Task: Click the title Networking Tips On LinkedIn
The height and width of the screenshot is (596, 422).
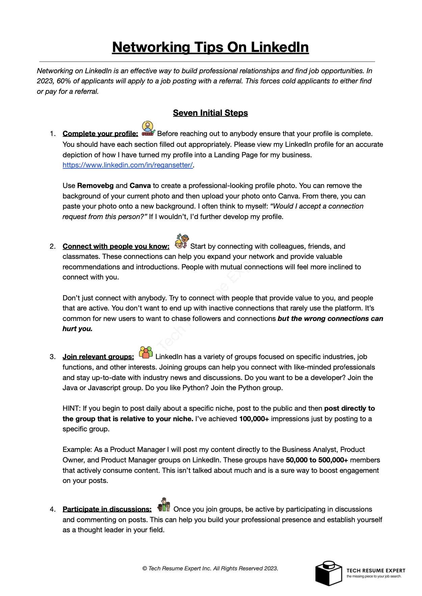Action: tap(210, 47)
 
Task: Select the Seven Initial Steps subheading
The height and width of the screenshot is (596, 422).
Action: tap(210, 113)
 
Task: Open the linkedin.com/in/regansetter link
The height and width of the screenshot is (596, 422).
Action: tap(128, 165)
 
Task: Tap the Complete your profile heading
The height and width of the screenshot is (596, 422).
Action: tap(100, 134)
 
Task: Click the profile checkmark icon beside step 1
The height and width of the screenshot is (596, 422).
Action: tap(148, 129)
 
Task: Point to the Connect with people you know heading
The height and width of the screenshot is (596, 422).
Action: tap(116, 246)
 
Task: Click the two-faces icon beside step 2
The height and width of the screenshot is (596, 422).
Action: tap(182, 241)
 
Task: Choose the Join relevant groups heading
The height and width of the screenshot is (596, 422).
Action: tap(98, 357)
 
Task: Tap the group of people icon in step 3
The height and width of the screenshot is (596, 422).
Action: tap(146, 352)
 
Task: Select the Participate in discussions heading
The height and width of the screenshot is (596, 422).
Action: tap(107, 509)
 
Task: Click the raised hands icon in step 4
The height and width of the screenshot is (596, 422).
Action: tap(164, 505)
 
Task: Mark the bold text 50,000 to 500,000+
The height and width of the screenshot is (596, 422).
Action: tap(317, 460)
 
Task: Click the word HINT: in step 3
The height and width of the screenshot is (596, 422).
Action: tap(72, 408)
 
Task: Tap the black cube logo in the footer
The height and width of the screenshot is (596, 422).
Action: tap(328, 573)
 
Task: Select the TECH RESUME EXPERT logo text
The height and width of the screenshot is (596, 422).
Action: tap(375, 570)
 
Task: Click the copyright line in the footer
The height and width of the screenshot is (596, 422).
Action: tap(210, 568)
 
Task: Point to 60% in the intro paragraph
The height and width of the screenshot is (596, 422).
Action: tap(64, 81)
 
